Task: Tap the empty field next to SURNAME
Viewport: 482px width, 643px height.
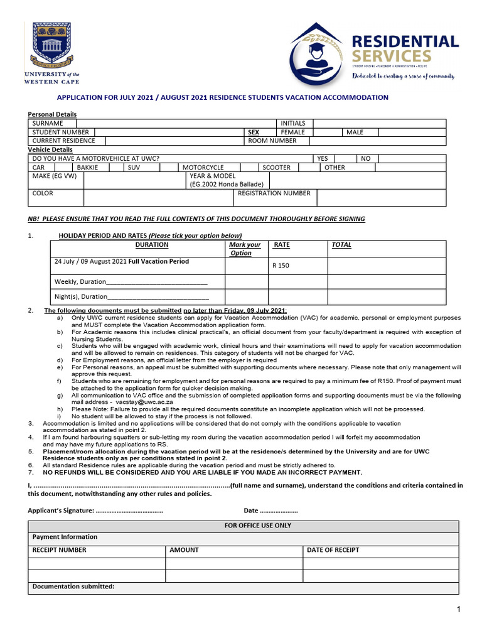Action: click(x=175, y=124)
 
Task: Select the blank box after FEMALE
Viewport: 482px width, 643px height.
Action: click(x=327, y=132)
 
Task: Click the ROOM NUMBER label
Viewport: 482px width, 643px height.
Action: click(x=272, y=141)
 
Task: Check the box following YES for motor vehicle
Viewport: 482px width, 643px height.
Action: click(x=346, y=159)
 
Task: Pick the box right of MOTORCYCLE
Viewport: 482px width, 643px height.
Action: click(x=249, y=168)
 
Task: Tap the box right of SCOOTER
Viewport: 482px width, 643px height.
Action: click(x=308, y=168)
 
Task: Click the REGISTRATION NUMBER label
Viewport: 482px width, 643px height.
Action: click(x=274, y=193)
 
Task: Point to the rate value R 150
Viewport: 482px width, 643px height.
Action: click(x=281, y=266)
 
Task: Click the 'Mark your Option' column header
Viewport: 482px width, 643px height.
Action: click(x=245, y=249)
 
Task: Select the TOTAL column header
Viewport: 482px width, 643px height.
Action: click(x=341, y=245)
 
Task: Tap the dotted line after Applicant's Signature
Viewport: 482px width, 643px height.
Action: click(x=129, y=511)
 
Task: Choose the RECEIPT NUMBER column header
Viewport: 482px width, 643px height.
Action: click(x=60, y=550)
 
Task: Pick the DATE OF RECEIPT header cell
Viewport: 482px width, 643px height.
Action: click(x=333, y=550)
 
